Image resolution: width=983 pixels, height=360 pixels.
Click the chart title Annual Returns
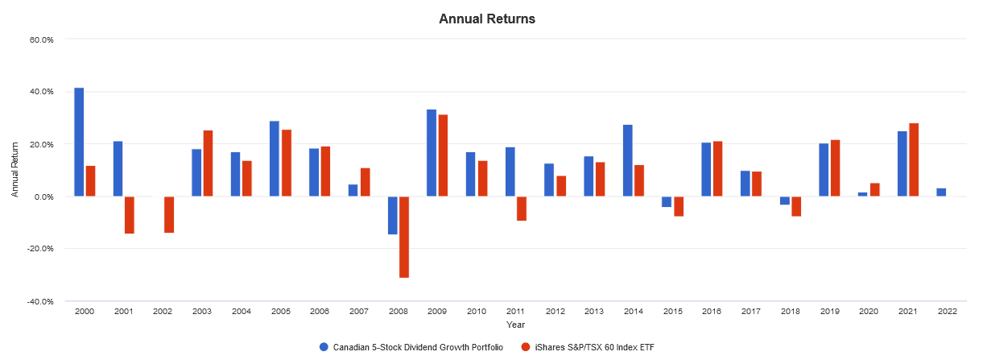[486, 19]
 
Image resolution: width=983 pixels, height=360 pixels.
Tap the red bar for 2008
[404, 237]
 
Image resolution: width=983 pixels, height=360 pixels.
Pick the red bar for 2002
[169, 214]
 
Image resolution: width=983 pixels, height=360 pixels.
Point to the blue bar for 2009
[432, 153]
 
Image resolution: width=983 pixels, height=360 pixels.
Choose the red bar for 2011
[522, 209]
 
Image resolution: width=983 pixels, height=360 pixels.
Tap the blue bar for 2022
[941, 192]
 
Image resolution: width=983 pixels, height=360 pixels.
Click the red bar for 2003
[208, 163]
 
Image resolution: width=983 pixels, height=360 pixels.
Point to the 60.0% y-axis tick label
[42, 39]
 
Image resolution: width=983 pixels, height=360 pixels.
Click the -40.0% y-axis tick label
[41, 301]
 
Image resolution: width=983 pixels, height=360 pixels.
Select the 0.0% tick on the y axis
[43, 197]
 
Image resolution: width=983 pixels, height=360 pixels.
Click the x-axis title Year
[516, 325]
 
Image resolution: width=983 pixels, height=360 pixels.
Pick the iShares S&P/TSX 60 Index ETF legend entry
[593, 347]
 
